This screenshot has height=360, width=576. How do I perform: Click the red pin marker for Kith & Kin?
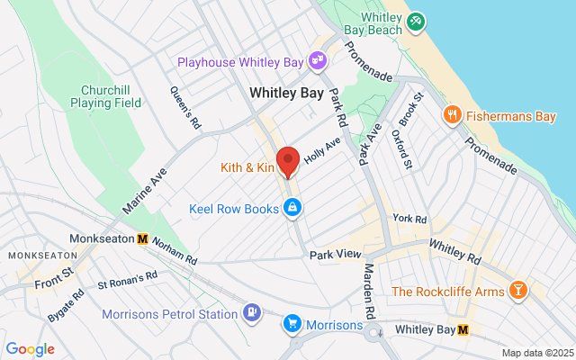click(288, 161)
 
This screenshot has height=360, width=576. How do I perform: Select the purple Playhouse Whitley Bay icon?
click(317, 61)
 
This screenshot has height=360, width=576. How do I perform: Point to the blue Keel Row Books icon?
click(292, 209)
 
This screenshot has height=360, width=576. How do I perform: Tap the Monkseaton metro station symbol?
click(143, 239)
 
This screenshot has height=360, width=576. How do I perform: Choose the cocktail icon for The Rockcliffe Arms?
click(517, 291)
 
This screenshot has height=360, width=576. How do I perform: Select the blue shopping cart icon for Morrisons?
click(292, 323)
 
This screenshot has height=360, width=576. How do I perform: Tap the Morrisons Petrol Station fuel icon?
click(253, 313)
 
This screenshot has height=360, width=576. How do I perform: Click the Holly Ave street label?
click(322, 146)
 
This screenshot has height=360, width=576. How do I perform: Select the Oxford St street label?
click(401, 148)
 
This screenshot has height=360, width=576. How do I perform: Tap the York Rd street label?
click(409, 219)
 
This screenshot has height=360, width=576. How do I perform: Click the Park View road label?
click(335, 256)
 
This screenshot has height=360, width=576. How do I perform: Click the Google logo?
click(30, 349)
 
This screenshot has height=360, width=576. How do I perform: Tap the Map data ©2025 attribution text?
click(536, 353)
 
